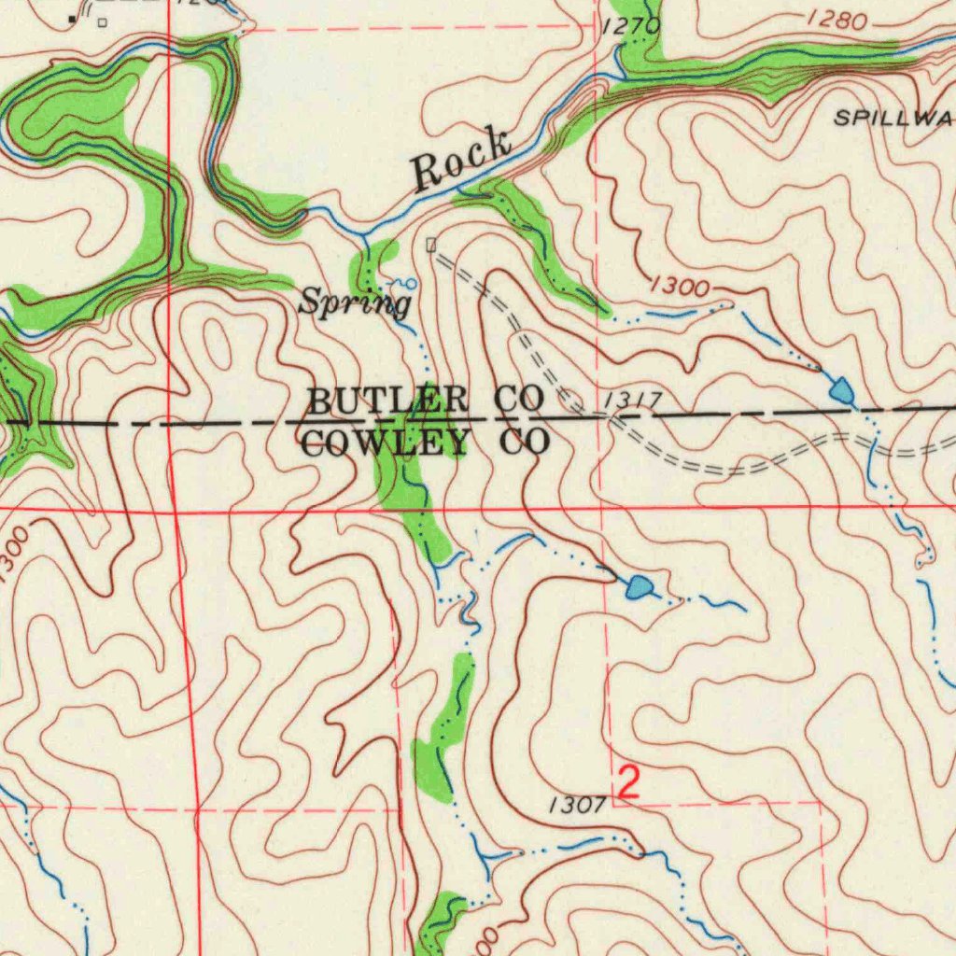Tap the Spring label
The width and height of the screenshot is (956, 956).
(355, 302)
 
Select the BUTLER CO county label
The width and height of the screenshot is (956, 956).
(425, 400)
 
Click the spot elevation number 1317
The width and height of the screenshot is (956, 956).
(633, 401)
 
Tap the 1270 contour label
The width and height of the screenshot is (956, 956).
(632, 26)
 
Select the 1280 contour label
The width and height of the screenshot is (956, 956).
(837, 18)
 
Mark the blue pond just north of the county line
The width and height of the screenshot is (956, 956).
(842, 391)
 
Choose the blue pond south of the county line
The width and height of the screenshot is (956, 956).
(640, 587)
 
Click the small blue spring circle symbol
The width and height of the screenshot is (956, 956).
(411, 282)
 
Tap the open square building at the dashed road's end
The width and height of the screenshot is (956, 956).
(430, 245)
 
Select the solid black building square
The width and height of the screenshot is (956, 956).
(73, 18)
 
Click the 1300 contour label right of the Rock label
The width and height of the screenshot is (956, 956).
(681, 287)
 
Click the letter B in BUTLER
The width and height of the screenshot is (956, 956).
(318, 401)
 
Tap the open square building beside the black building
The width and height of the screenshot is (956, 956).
(102, 21)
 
